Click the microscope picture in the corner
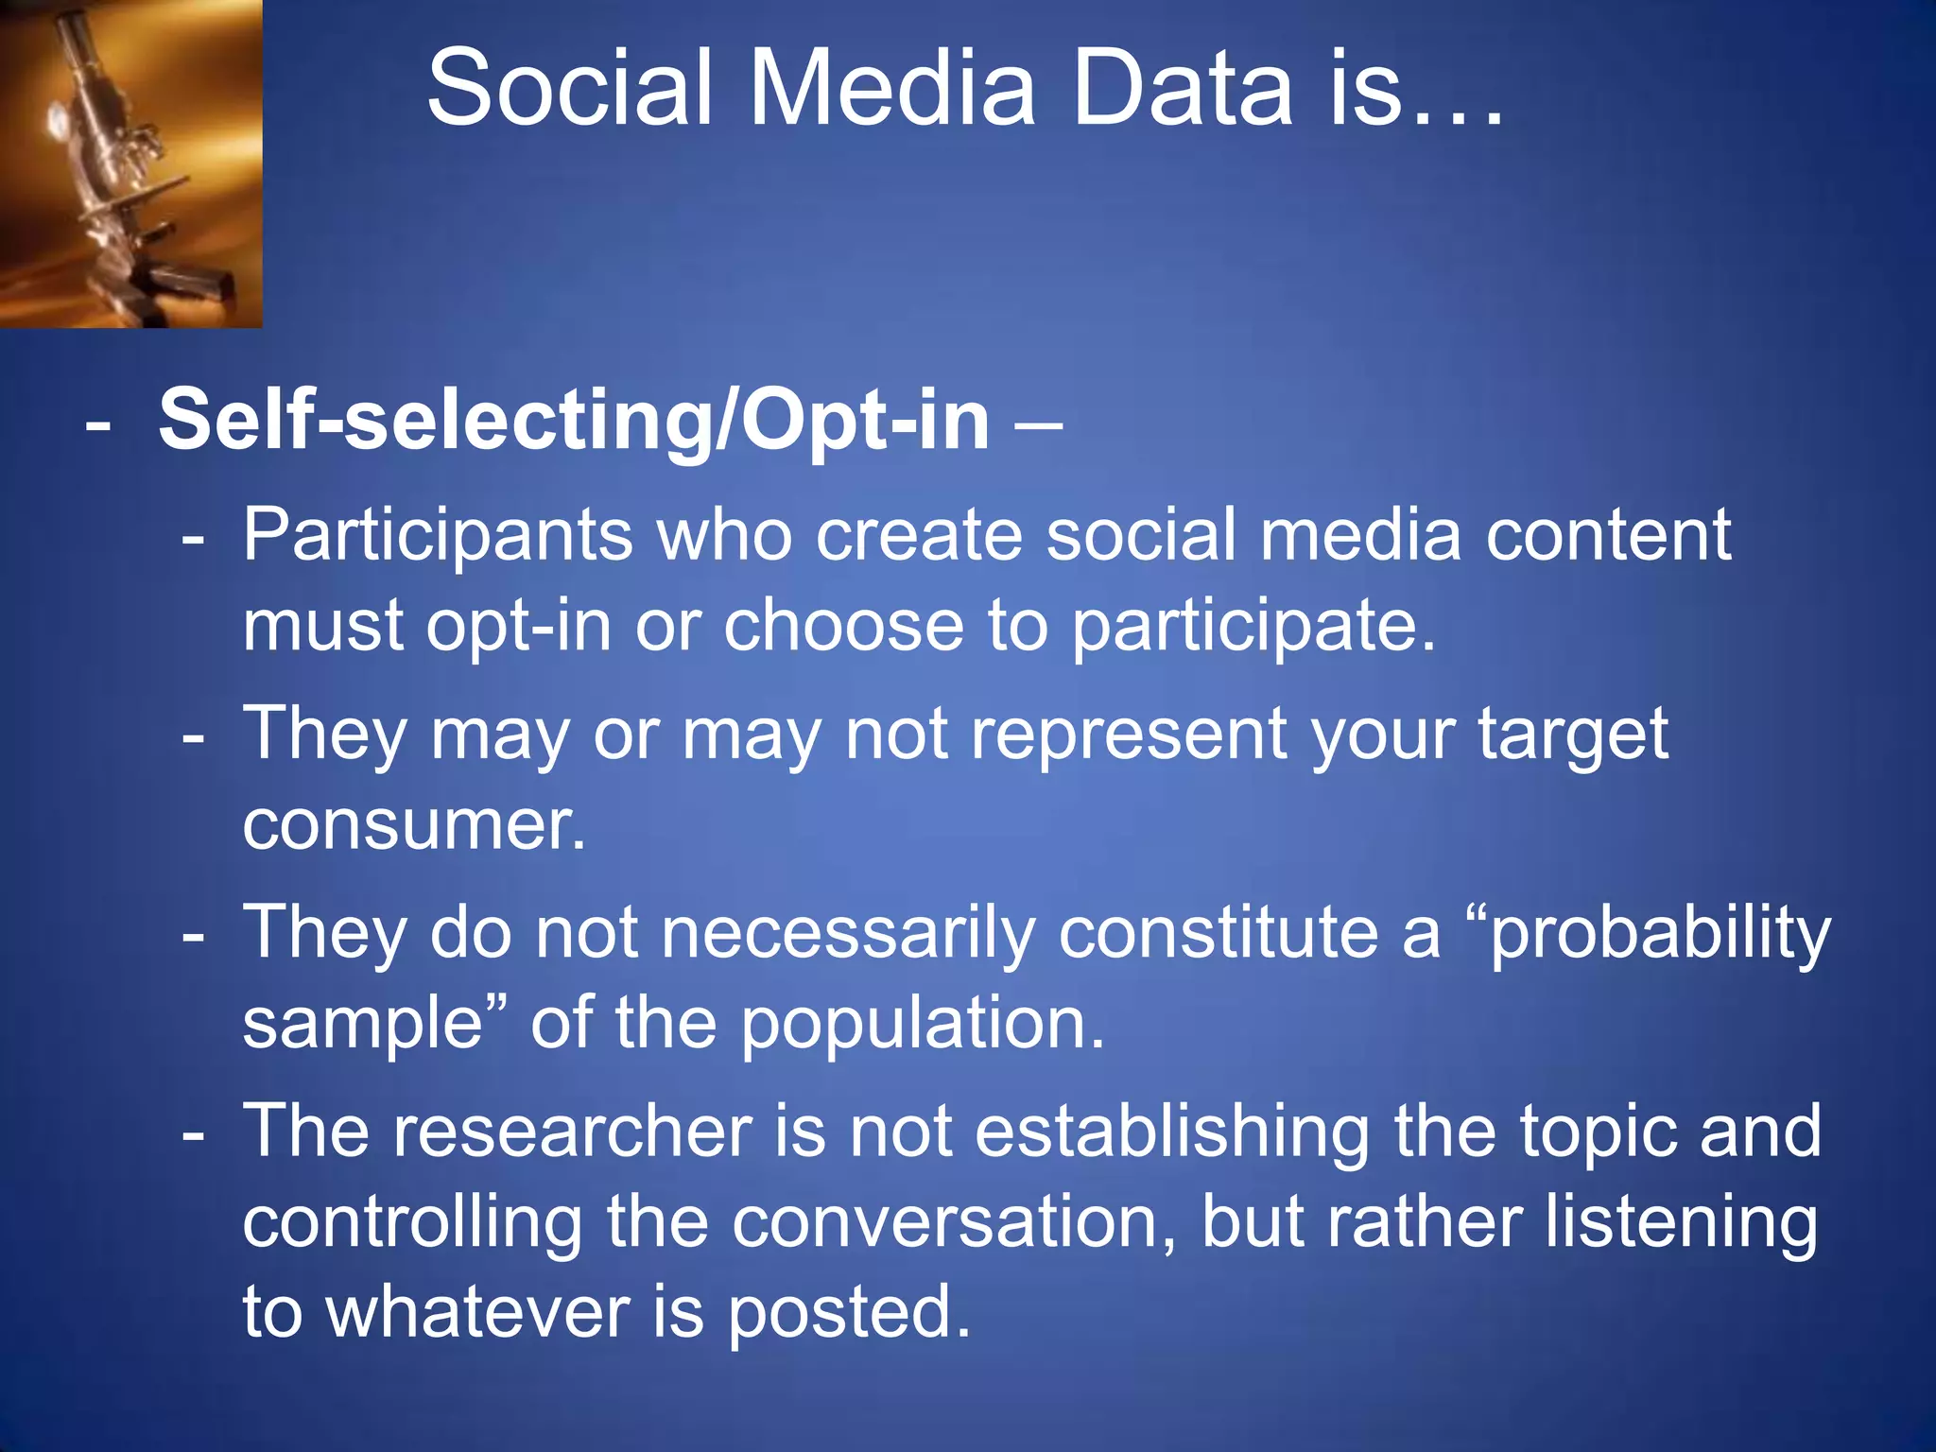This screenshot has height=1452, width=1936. (x=130, y=163)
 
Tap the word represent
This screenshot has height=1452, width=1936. (x=1129, y=735)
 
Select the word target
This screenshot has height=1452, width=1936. (x=1573, y=735)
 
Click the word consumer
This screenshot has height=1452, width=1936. (x=414, y=825)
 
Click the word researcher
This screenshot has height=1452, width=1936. (x=573, y=1132)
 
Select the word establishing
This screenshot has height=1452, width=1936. (x=1172, y=1132)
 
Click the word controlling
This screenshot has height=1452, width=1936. (x=412, y=1223)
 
